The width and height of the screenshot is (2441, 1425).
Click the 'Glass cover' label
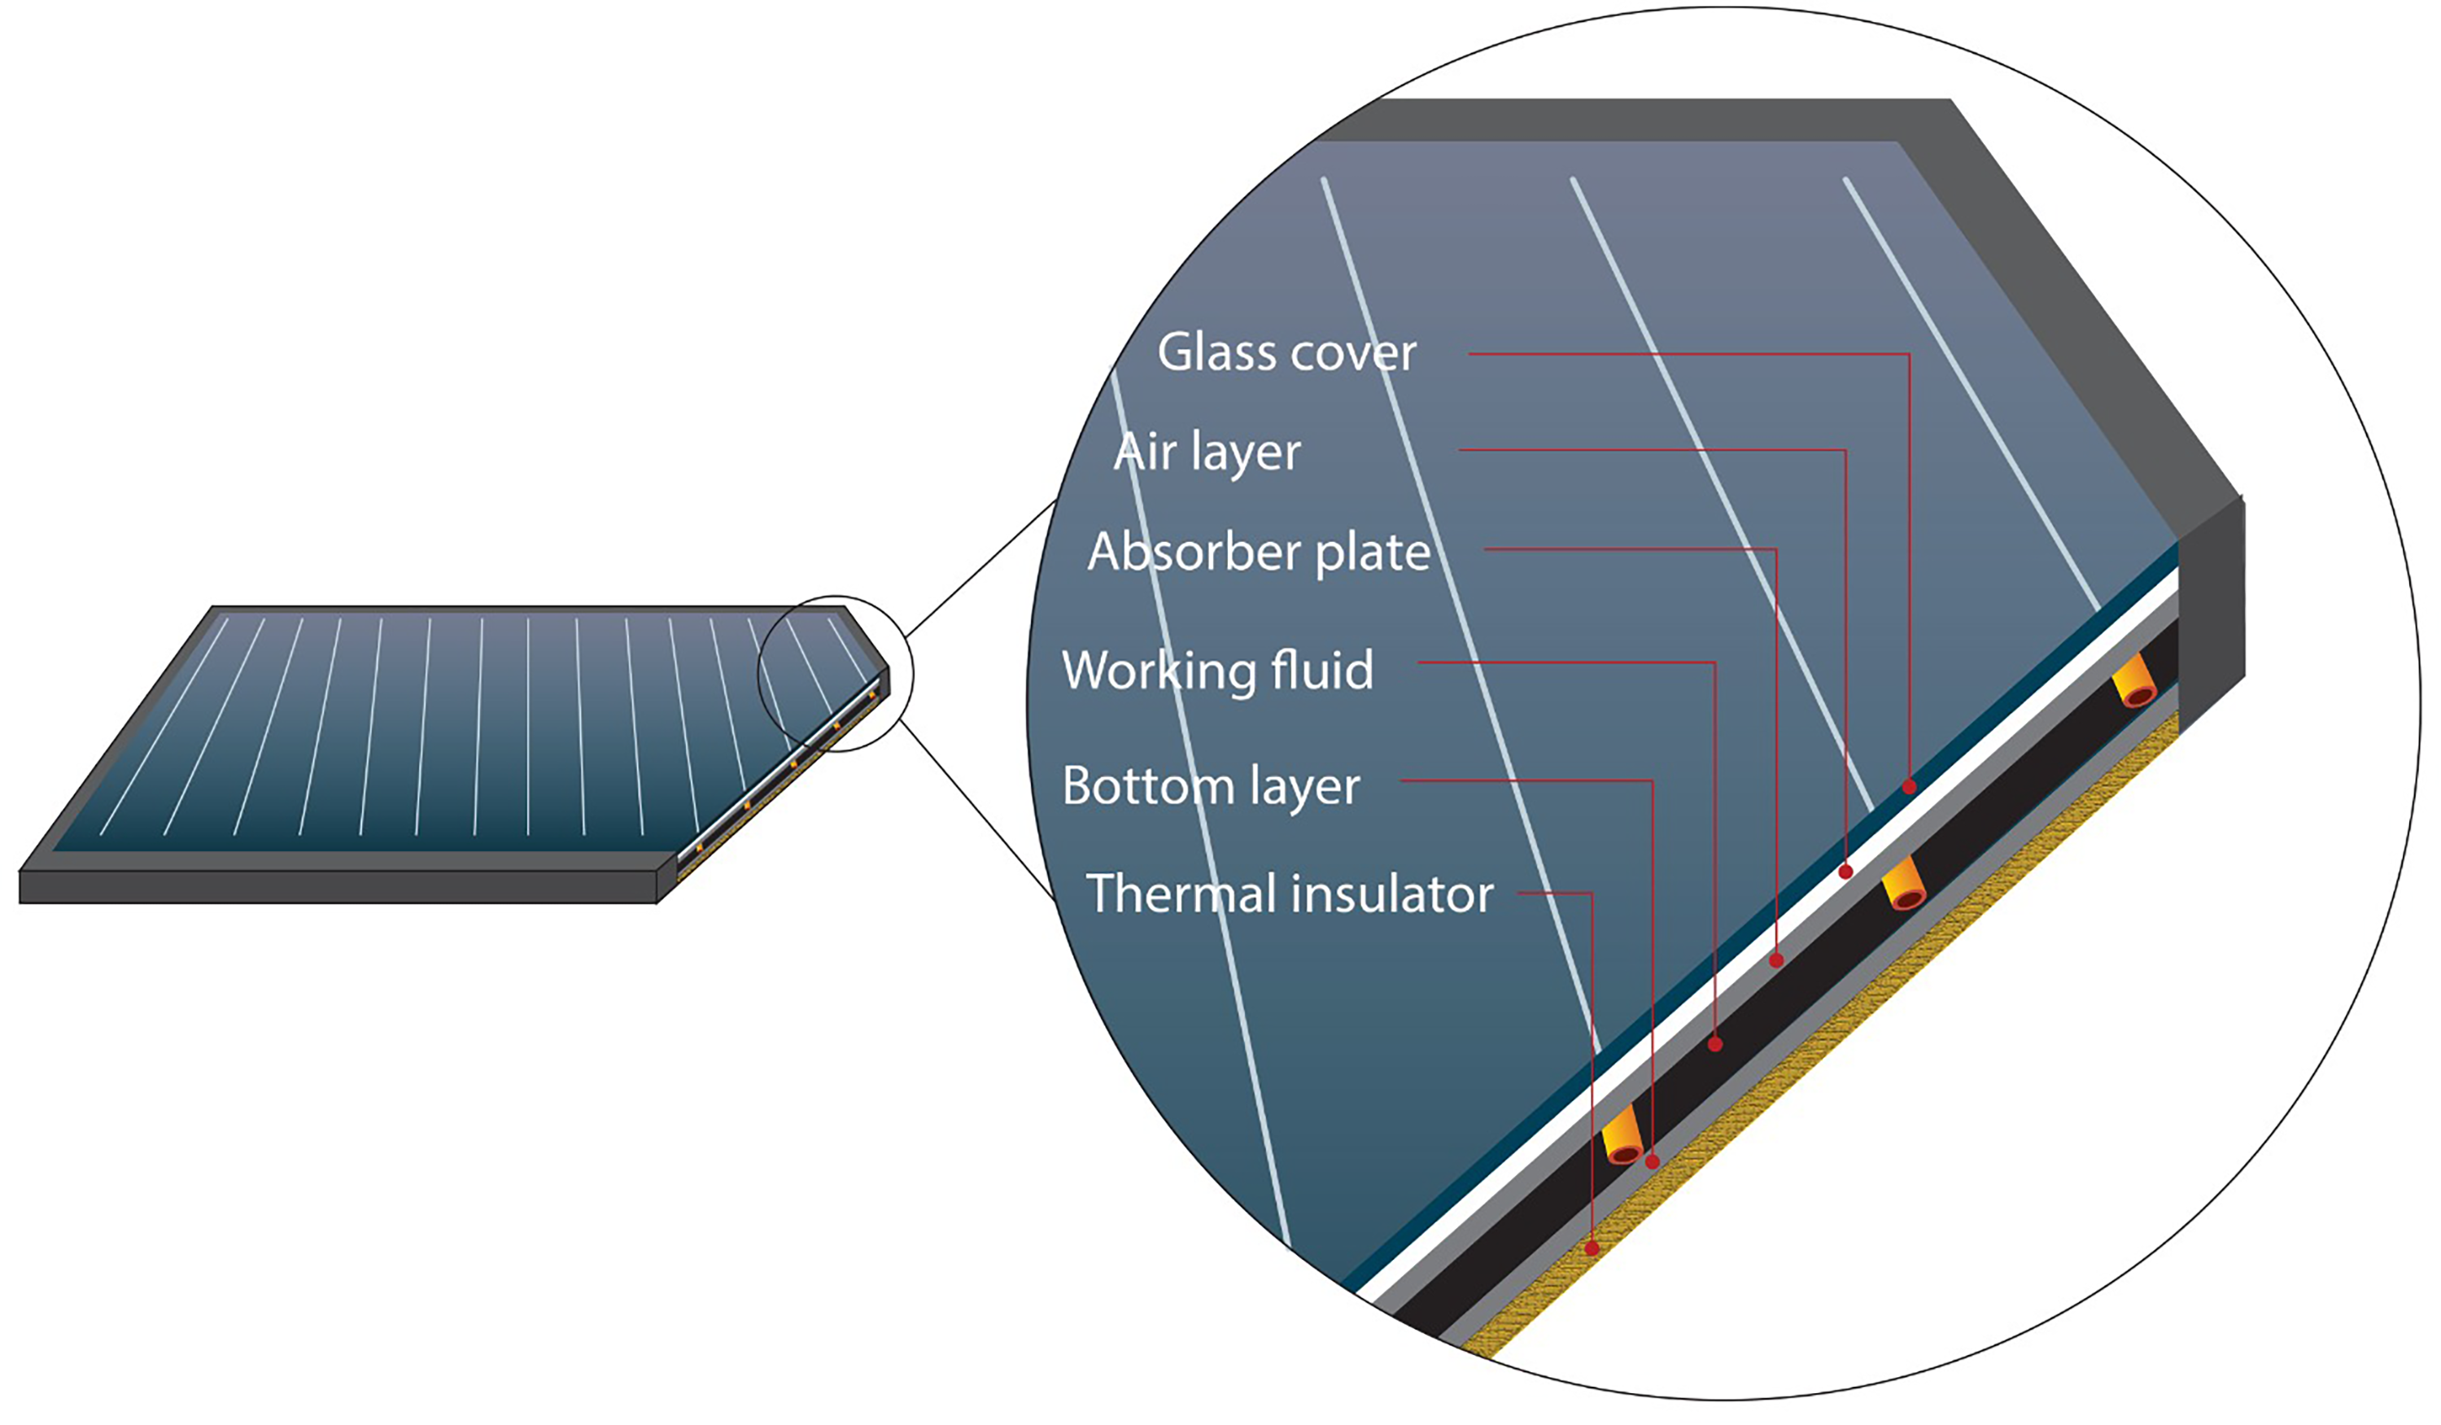click(x=1286, y=352)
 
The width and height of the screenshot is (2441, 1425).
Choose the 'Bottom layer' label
click(x=1211, y=787)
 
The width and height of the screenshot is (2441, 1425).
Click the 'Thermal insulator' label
click(x=1290, y=893)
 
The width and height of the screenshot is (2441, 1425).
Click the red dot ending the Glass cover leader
click(x=1909, y=787)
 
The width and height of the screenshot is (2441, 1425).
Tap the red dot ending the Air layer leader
click(x=1845, y=872)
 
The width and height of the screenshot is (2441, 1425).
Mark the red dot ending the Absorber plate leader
click(x=1776, y=961)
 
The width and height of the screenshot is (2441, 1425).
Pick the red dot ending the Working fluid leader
click(x=1715, y=1044)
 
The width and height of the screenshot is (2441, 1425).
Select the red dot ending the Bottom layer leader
click(x=1653, y=1161)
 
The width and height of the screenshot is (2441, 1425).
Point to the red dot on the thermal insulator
click(x=1592, y=1248)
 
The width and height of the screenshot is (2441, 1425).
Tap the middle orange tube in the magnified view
click(x=1903, y=884)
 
